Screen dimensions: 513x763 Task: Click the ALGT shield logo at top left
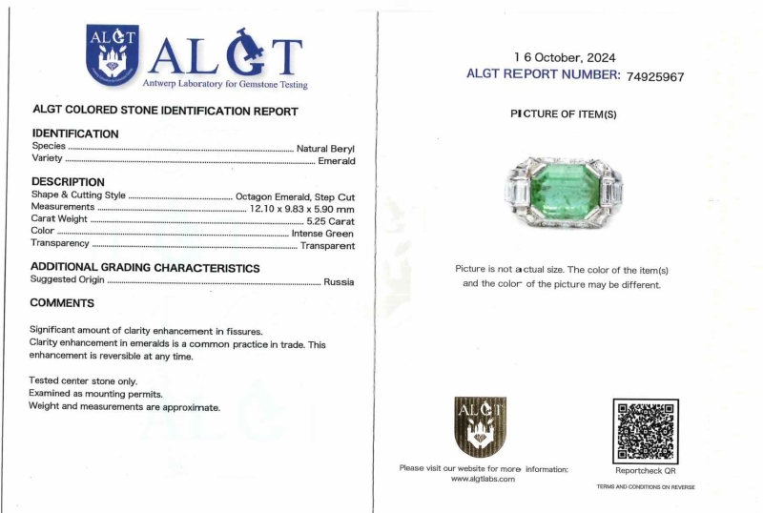[113, 54]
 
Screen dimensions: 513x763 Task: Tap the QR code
[645, 431]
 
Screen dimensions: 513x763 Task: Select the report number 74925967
[655, 76]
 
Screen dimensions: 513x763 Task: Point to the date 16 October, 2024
[564, 57]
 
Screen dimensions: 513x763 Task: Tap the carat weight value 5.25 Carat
[330, 220]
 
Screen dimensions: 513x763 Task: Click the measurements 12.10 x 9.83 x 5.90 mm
[301, 208]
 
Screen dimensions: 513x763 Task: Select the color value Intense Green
[322, 233]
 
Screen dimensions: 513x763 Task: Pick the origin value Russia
[339, 281]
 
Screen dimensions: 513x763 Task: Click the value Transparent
[327, 245]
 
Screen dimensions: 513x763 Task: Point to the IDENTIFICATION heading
[75, 134]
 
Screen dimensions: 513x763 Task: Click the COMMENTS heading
[62, 303]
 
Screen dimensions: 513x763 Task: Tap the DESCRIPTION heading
[68, 182]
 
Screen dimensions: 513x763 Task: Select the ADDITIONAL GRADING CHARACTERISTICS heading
[145, 268]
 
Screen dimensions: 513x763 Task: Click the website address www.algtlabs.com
[483, 479]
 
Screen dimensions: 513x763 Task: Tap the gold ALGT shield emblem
[480, 426]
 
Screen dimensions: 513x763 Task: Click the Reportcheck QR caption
[645, 470]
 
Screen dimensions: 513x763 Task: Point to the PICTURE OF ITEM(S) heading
[564, 114]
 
